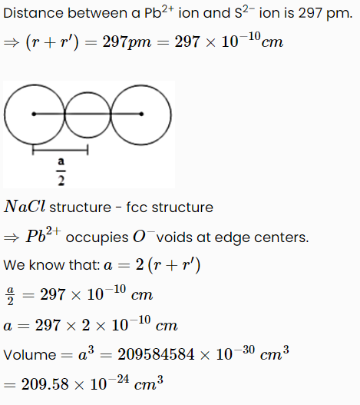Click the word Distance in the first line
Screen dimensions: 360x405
click(x=33, y=13)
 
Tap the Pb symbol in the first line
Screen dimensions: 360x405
click(x=153, y=13)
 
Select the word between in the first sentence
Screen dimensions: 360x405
click(x=97, y=13)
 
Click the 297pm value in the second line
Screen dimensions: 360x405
click(x=127, y=42)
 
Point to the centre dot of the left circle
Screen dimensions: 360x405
click(x=34, y=114)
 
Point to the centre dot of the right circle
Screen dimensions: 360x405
click(x=141, y=114)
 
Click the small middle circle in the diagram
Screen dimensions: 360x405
click(x=88, y=92)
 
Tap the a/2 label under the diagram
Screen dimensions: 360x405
click(x=61, y=171)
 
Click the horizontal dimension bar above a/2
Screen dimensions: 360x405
click(x=61, y=150)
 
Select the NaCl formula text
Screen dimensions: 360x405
click(x=25, y=207)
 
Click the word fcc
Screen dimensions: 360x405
click(x=136, y=207)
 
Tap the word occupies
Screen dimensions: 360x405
click(x=97, y=238)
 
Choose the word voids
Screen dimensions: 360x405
click(x=174, y=237)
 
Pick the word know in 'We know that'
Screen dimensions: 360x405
click(x=46, y=265)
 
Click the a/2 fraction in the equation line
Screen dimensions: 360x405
click(x=10, y=296)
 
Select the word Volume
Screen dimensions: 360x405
click(x=30, y=355)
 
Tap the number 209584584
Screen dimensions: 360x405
click(x=156, y=354)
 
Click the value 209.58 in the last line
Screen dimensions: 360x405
click(x=45, y=384)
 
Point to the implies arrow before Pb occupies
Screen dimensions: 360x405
click(x=12, y=237)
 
